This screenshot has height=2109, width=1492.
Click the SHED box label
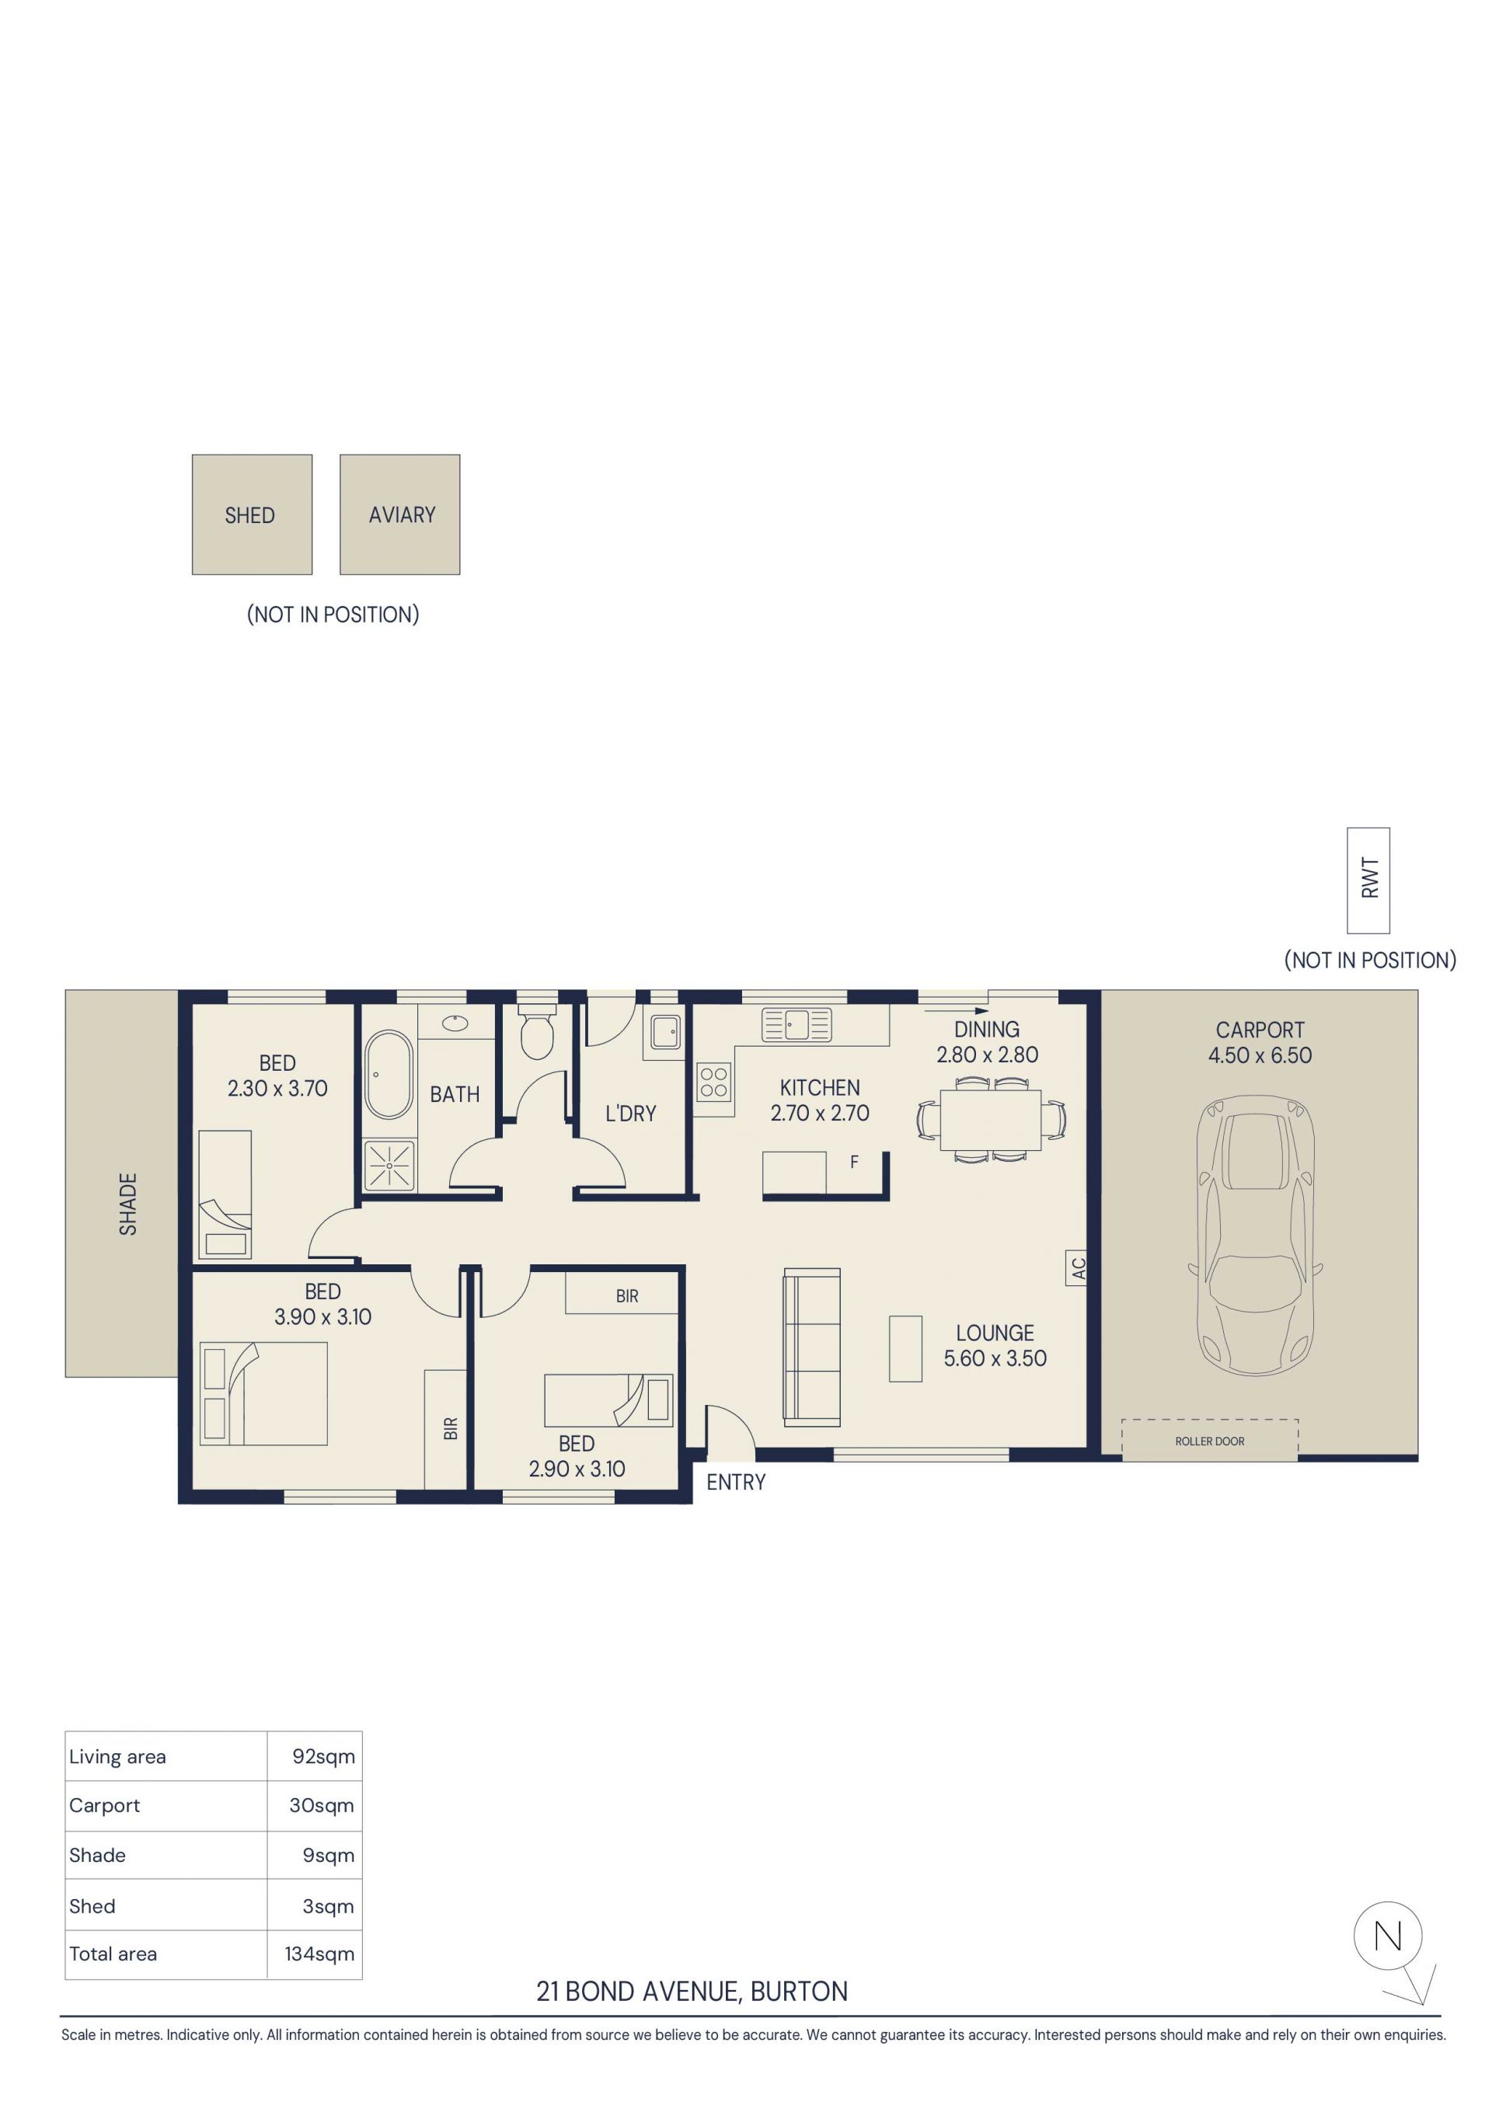click(x=250, y=515)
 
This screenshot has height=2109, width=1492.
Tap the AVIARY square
click(x=399, y=514)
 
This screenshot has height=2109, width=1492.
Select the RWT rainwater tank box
click(x=1368, y=880)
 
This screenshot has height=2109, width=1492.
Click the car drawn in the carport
click(x=1256, y=1235)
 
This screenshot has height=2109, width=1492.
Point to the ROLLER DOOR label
click(x=1209, y=1441)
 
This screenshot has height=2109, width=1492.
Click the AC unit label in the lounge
click(x=1078, y=1267)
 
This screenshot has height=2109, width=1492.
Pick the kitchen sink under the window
click(x=796, y=1024)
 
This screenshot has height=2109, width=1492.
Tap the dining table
click(x=990, y=1119)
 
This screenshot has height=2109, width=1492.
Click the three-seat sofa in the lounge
click(x=811, y=1347)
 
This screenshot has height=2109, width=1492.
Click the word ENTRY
click(x=736, y=1482)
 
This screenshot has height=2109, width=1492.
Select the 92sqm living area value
click(x=323, y=1756)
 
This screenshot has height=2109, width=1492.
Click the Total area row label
click(x=113, y=1954)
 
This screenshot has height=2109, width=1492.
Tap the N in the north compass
click(x=1387, y=1937)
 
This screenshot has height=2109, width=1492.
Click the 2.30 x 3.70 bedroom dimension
click(x=277, y=1088)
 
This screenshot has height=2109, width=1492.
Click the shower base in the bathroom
click(x=389, y=1166)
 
